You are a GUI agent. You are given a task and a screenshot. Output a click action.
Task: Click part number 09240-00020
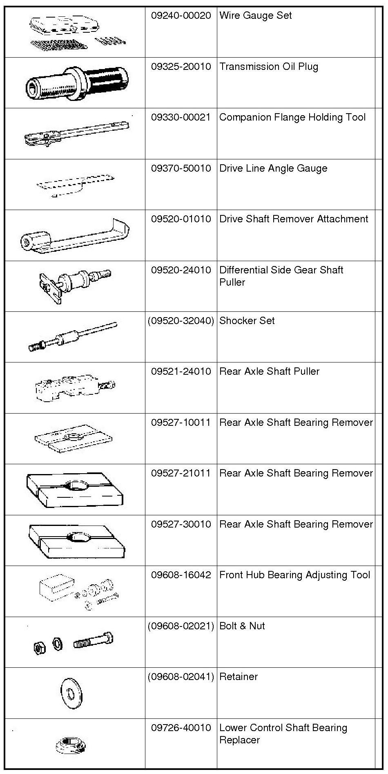[181, 16]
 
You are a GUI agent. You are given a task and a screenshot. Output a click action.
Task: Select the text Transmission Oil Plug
[268, 67]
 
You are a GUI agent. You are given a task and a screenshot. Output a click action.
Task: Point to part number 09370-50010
[181, 168]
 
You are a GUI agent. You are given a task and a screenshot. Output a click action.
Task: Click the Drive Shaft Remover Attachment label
[293, 219]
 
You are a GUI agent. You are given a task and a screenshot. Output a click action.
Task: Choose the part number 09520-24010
[181, 270]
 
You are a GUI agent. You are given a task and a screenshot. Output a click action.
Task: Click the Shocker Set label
[247, 321]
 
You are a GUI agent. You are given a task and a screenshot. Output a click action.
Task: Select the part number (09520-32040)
[181, 321]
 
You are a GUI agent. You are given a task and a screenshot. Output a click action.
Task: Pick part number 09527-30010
[181, 524]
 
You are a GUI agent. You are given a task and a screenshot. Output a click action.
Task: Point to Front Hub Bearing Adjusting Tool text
[294, 575]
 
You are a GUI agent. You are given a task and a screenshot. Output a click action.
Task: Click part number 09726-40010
[181, 728]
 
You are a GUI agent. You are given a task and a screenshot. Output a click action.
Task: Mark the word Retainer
[238, 677]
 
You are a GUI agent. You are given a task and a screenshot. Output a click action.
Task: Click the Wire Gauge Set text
[255, 16]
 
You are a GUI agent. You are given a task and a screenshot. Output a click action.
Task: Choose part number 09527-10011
[181, 423]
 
